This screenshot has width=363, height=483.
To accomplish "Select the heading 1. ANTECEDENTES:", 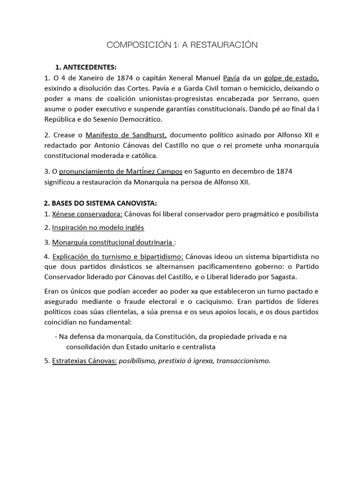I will (x=86, y=67).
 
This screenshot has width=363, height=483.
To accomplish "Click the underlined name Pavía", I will (x=231, y=78).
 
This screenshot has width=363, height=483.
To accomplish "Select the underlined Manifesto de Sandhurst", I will (x=126, y=135).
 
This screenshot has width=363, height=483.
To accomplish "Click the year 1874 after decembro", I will (x=282, y=171).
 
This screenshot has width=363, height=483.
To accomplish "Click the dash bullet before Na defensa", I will (x=56, y=336).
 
